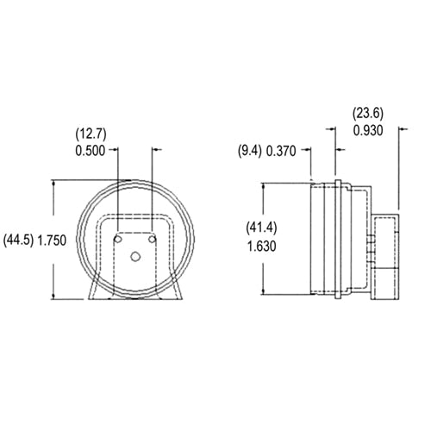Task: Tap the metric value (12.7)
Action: (89, 134)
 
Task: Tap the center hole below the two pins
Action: (136, 256)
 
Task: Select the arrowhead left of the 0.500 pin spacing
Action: (113, 149)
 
